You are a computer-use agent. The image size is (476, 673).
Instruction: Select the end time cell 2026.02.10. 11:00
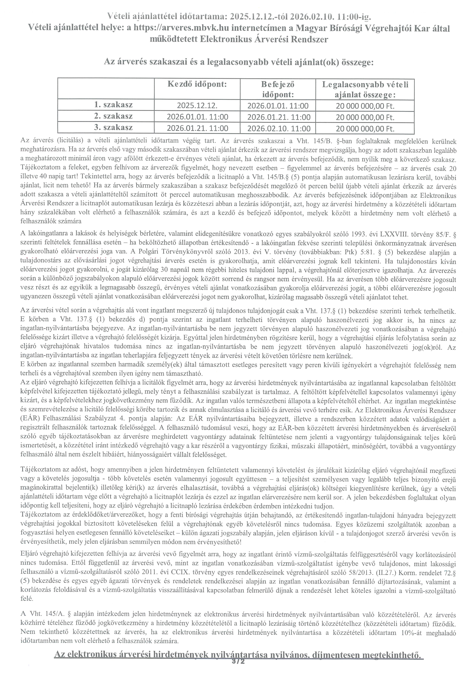coord(279,128)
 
